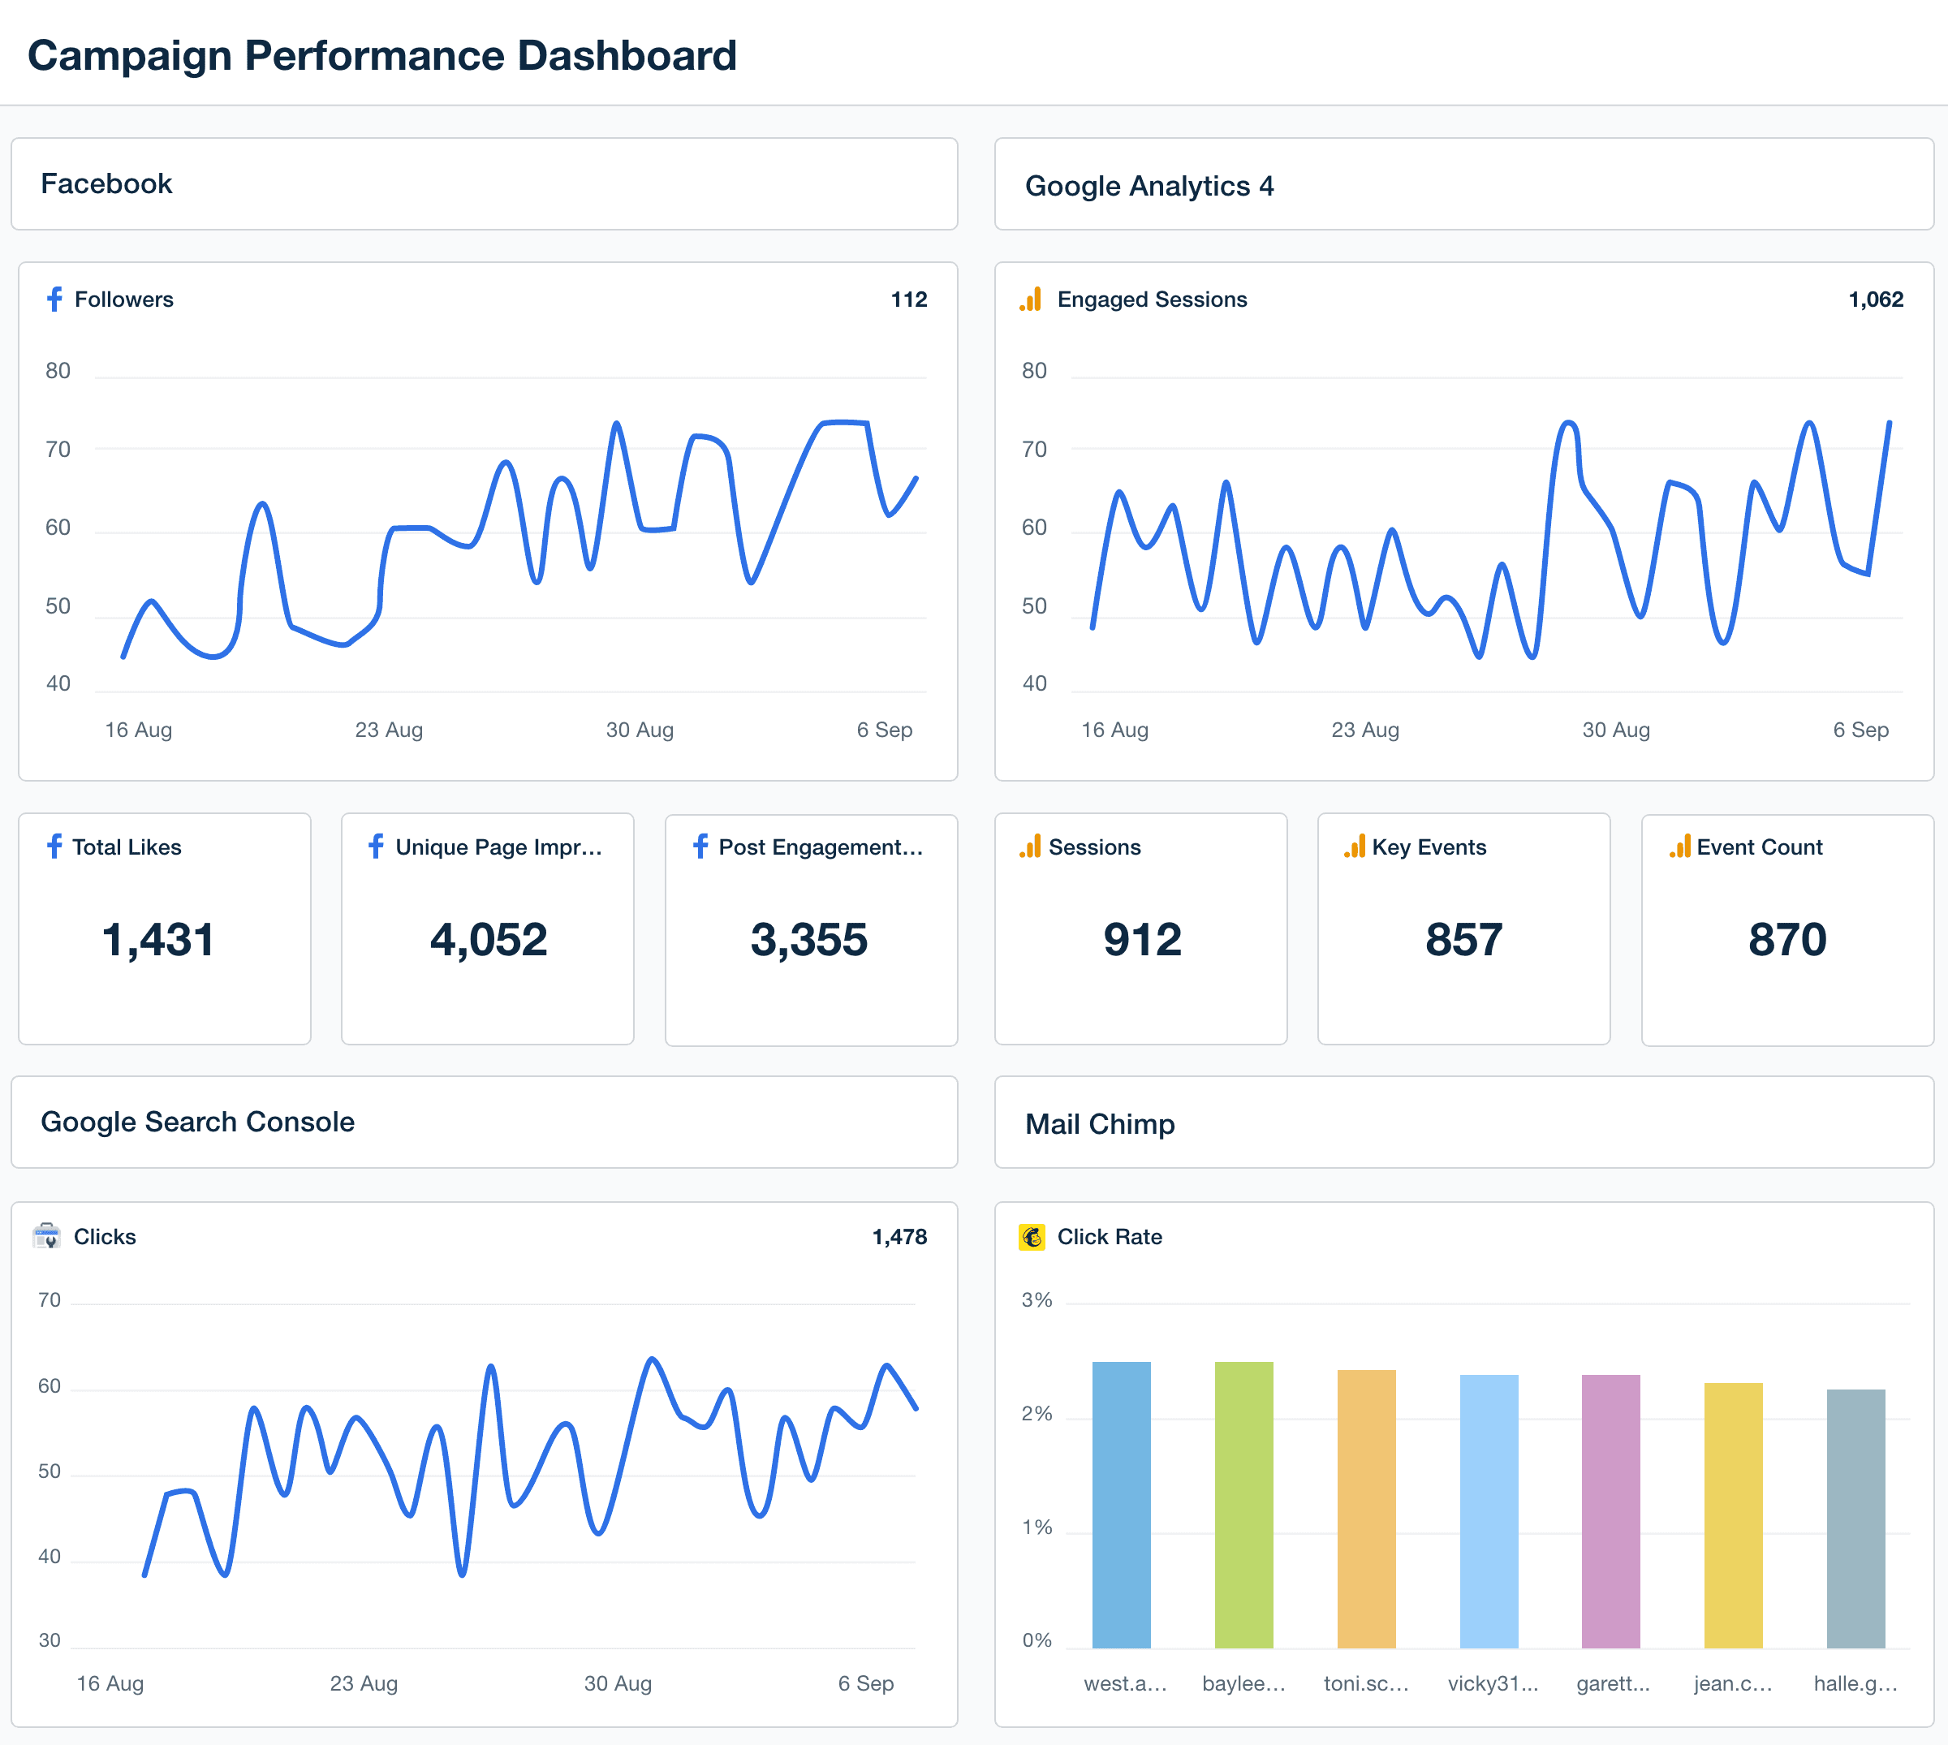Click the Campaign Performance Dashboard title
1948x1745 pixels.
381,56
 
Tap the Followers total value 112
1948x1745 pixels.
908,299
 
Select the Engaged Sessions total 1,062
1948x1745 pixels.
1874,299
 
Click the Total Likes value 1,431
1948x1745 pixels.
158,939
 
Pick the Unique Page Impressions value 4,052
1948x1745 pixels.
488,939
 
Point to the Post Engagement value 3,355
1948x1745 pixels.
808,939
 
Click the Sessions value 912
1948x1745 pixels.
1141,939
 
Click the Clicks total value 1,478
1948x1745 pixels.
899,1237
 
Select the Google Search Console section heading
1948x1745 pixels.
197,1122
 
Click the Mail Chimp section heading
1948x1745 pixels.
1100,1124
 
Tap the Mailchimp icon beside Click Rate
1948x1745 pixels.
1032,1237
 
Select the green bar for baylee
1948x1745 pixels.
1243,1506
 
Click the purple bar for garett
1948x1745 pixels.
1610,1511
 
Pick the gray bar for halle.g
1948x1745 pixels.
1855,1519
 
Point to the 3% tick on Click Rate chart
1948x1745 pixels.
1036,1300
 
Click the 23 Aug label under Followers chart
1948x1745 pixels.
388,730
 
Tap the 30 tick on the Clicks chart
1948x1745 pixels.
49,1640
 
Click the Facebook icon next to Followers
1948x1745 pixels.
54,299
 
